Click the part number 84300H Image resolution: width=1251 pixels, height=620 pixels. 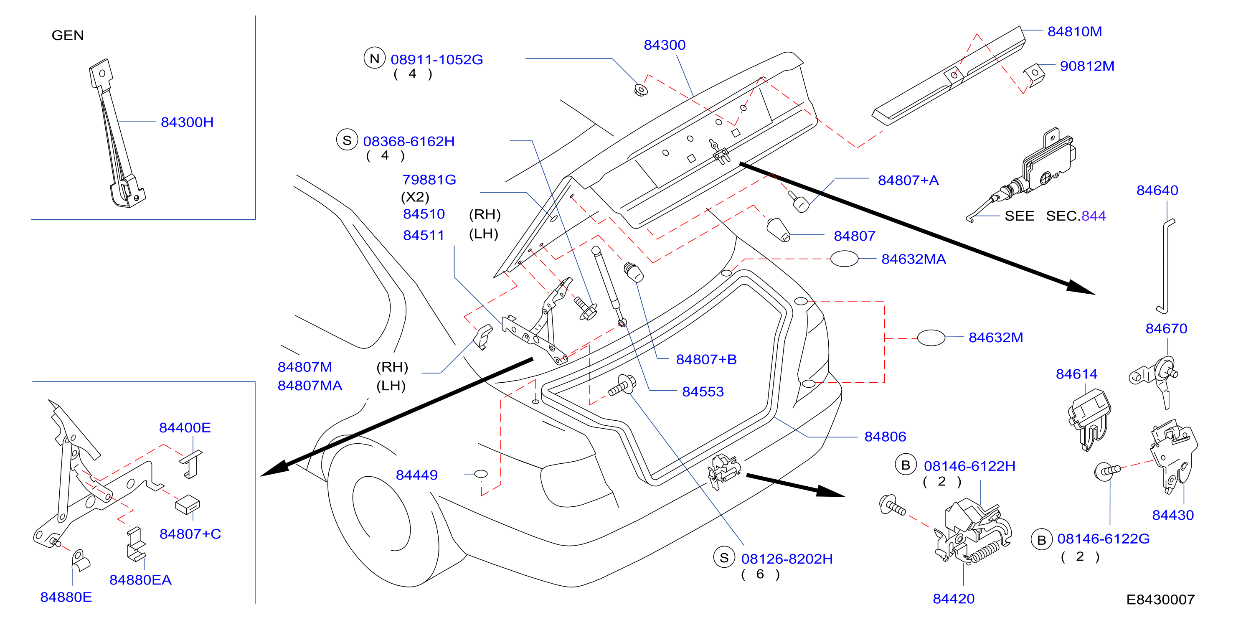coord(187,122)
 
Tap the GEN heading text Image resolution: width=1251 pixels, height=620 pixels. coord(68,36)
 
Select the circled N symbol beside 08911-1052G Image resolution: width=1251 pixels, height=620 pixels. coord(374,58)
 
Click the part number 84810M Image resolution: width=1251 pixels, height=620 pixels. coord(1074,32)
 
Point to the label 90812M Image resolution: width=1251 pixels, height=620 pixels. coord(1087,66)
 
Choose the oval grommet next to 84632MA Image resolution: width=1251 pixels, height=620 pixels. coord(844,259)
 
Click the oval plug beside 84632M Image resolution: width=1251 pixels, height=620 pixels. coord(931,338)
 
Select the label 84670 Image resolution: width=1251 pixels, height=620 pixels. coord(1166,329)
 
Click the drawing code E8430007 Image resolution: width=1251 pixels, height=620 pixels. coord(1160,600)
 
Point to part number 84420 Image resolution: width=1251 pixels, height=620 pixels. coord(953,599)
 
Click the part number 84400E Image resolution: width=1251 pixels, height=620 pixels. coord(185,427)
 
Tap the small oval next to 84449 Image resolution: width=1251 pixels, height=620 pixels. coord(480,474)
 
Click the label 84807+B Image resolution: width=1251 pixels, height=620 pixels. coord(706,360)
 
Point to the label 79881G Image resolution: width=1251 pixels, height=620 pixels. coord(429,180)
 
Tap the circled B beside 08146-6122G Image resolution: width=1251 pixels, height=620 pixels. coord(1041,540)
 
